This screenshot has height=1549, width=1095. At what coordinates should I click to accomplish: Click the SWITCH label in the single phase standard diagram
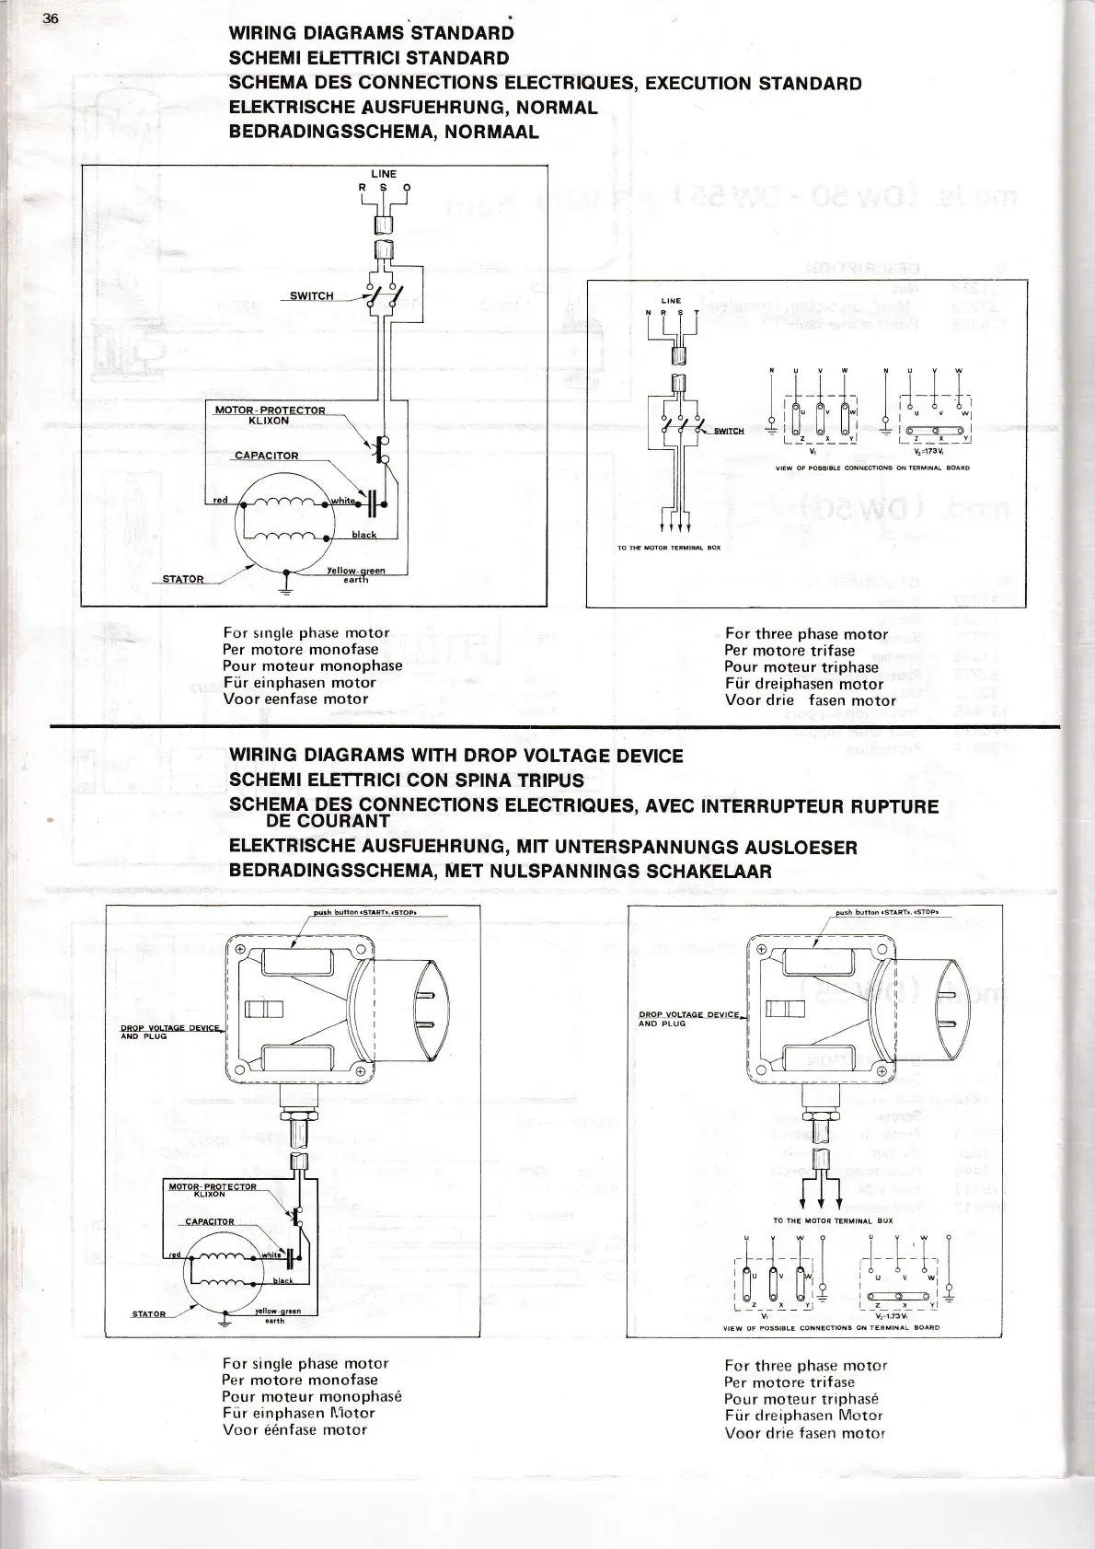tap(311, 296)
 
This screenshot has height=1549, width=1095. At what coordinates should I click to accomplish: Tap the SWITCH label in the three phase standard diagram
tap(729, 431)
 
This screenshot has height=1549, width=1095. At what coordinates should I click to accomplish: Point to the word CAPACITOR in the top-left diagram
tap(266, 456)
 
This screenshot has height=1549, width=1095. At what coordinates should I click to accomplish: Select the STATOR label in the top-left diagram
tap(183, 579)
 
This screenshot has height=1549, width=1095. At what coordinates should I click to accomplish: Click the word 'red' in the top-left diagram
tap(220, 501)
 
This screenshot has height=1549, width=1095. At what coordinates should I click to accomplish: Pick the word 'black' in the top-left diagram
tap(364, 535)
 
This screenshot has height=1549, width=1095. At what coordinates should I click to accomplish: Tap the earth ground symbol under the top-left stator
tap(286, 588)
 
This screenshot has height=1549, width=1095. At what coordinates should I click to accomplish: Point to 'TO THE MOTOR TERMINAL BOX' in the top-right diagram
tap(669, 548)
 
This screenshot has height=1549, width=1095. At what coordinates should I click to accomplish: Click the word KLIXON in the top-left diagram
tap(269, 421)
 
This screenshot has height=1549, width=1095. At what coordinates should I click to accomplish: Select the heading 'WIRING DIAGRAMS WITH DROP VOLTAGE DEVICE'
tap(455, 757)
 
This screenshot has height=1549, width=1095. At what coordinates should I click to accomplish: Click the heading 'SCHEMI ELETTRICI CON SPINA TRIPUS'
tap(406, 780)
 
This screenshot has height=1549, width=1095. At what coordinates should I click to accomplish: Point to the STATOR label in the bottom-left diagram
tap(148, 1314)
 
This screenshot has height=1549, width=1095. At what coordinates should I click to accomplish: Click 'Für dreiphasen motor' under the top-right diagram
tap(803, 684)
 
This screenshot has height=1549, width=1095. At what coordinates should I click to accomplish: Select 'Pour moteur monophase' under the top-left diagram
tap(312, 666)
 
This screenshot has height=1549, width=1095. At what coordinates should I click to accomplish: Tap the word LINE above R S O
tap(384, 174)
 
